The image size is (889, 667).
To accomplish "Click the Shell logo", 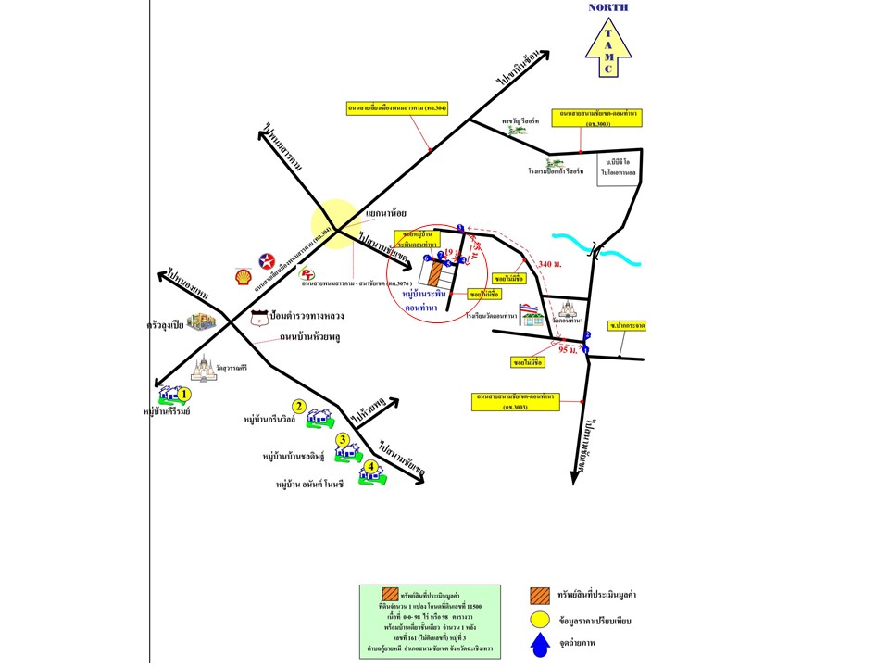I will (x=244, y=277).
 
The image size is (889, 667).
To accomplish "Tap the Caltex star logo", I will (x=267, y=260).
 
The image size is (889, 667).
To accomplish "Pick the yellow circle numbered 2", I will (x=299, y=406).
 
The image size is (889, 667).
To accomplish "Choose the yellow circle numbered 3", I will (x=343, y=439).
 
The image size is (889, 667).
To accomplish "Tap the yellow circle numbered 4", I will (x=370, y=467).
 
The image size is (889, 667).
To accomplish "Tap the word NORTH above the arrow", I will (x=608, y=7).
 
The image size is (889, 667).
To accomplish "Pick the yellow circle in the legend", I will (x=540, y=621).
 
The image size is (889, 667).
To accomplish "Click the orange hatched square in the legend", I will (x=540, y=595).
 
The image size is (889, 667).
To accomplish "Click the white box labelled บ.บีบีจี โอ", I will (x=618, y=168).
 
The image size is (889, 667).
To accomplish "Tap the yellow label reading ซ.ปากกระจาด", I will (x=627, y=326).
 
